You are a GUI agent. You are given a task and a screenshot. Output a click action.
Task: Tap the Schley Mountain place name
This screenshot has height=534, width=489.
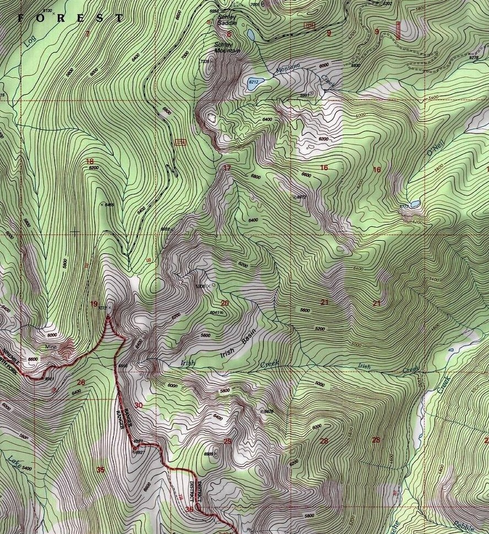(227, 47)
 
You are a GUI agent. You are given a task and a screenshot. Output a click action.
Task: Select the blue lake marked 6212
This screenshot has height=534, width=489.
(256, 83)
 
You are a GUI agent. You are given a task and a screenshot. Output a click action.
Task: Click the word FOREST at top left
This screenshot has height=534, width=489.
(69, 18)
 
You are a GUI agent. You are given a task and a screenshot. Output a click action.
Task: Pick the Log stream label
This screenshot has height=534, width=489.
(29, 41)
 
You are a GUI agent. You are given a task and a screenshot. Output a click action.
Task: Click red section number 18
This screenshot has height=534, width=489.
(90, 161)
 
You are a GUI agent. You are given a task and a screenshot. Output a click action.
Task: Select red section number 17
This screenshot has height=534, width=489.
(227, 168)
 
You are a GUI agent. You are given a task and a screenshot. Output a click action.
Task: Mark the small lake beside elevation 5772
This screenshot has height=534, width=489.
(415, 203)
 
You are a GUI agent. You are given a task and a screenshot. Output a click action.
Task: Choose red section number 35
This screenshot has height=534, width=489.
(100, 470)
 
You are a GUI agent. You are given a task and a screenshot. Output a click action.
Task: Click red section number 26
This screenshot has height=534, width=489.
(81, 382)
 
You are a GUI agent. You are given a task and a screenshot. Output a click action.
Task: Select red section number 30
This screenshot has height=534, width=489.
(138, 405)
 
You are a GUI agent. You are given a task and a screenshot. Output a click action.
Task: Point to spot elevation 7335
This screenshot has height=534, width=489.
(205, 62)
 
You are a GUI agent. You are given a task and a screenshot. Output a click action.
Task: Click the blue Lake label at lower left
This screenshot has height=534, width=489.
(14, 462)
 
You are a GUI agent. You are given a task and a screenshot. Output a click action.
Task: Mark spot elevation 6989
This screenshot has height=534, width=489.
(209, 454)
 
